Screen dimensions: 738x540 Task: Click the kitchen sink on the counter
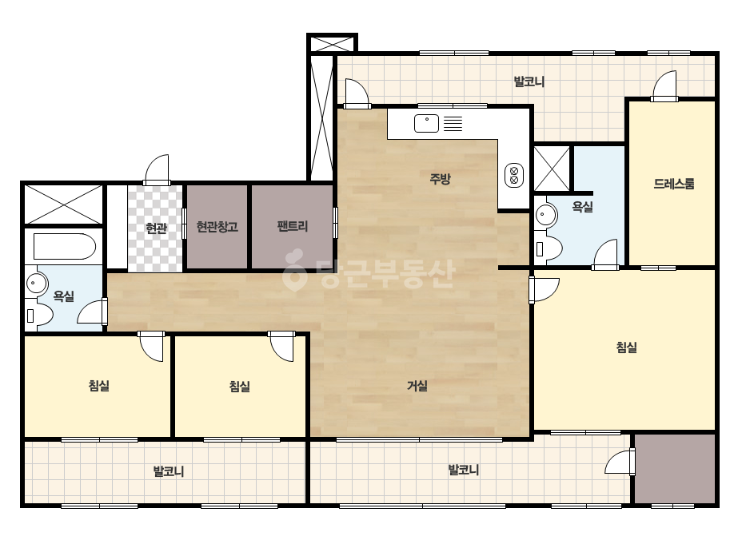point(426,123)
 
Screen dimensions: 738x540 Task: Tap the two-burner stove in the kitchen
point(513,175)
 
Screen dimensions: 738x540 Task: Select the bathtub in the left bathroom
point(65,247)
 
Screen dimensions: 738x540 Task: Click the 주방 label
point(440,179)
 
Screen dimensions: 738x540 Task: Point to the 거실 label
point(417,386)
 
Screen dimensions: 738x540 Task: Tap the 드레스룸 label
point(673,184)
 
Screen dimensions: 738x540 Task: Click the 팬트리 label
point(293,226)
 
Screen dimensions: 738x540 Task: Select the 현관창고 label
point(217,227)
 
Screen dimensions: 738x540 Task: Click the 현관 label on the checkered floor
point(156,228)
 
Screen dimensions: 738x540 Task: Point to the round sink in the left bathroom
point(36,283)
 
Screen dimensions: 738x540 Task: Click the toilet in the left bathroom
point(38,315)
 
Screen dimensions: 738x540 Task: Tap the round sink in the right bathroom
point(545,216)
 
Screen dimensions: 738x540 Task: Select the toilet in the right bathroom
point(549,248)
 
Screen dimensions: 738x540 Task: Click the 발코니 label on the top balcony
point(529,81)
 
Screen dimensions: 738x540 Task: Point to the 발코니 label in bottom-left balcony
point(169,471)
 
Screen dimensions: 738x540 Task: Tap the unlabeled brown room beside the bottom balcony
point(675,468)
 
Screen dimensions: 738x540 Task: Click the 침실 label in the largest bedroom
point(626,347)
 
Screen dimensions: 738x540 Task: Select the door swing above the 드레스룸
point(664,85)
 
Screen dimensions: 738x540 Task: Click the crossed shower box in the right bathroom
point(552,169)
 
